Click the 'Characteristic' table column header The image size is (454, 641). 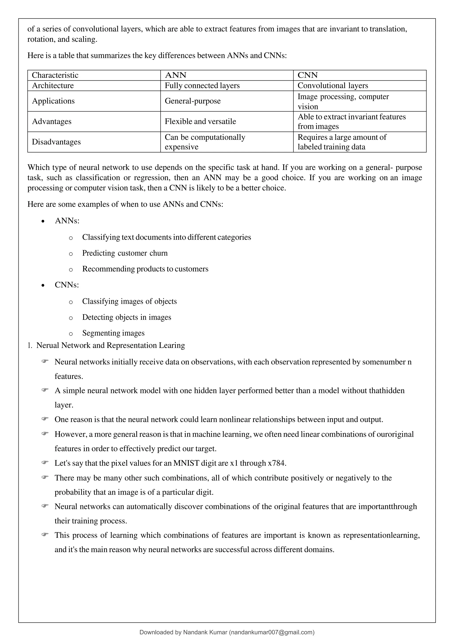[55, 75]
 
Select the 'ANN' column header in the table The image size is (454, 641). [176, 75]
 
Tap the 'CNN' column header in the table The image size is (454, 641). [307, 75]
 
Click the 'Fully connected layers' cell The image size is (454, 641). [202, 85]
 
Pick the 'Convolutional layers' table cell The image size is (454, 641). [333, 85]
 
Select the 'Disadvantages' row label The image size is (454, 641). [56, 142]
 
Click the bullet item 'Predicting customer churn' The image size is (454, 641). [125, 253]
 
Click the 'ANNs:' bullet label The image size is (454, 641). [67, 221]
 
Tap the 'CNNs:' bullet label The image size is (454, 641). [67, 285]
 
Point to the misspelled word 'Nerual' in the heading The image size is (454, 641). [48, 345]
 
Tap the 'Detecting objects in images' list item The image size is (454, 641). [126, 317]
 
